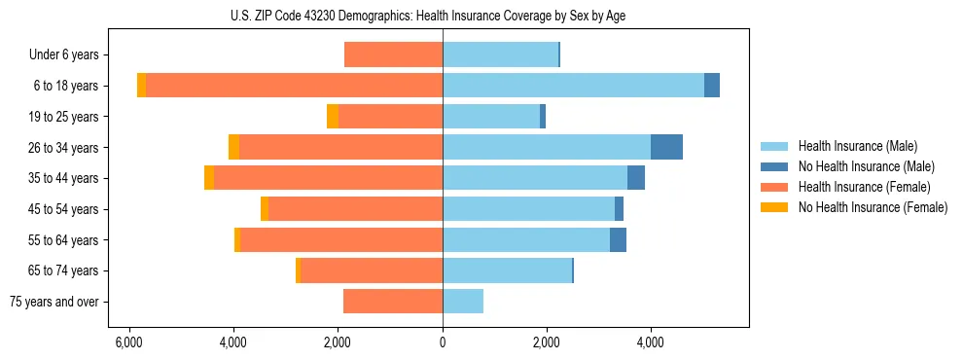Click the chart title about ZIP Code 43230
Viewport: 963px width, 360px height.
point(443,14)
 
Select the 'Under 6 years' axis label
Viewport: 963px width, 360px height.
point(64,55)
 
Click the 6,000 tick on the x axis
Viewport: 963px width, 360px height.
point(129,342)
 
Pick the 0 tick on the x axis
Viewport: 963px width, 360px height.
point(443,342)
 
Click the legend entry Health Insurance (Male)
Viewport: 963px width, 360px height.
point(857,146)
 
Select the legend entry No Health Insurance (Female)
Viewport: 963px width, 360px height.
point(873,207)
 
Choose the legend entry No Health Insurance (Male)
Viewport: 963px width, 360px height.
point(866,166)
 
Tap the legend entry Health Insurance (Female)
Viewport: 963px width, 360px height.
point(864,187)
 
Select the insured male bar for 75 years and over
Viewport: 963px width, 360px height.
point(463,302)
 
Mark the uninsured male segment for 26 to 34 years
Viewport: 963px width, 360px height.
point(666,147)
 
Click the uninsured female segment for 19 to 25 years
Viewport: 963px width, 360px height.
point(333,117)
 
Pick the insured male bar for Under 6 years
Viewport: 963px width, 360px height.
point(500,55)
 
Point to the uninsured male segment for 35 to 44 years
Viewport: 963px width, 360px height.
point(636,178)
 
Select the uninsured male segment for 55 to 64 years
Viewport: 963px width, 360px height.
point(618,239)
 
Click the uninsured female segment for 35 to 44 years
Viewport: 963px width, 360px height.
point(209,178)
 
